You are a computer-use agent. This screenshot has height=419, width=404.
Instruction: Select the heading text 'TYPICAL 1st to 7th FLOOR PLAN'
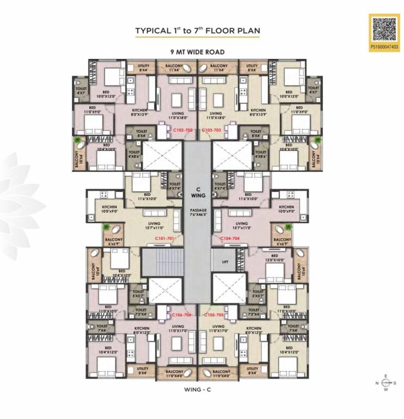tap(197, 31)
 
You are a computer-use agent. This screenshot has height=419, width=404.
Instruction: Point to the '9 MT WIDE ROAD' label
tap(197, 52)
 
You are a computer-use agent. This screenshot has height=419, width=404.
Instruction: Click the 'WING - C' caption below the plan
tap(197, 390)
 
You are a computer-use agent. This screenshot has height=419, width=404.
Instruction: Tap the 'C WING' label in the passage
tap(198, 192)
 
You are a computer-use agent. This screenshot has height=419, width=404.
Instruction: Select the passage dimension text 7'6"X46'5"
tap(198, 212)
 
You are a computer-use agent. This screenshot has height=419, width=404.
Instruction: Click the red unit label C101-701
tap(164, 239)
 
